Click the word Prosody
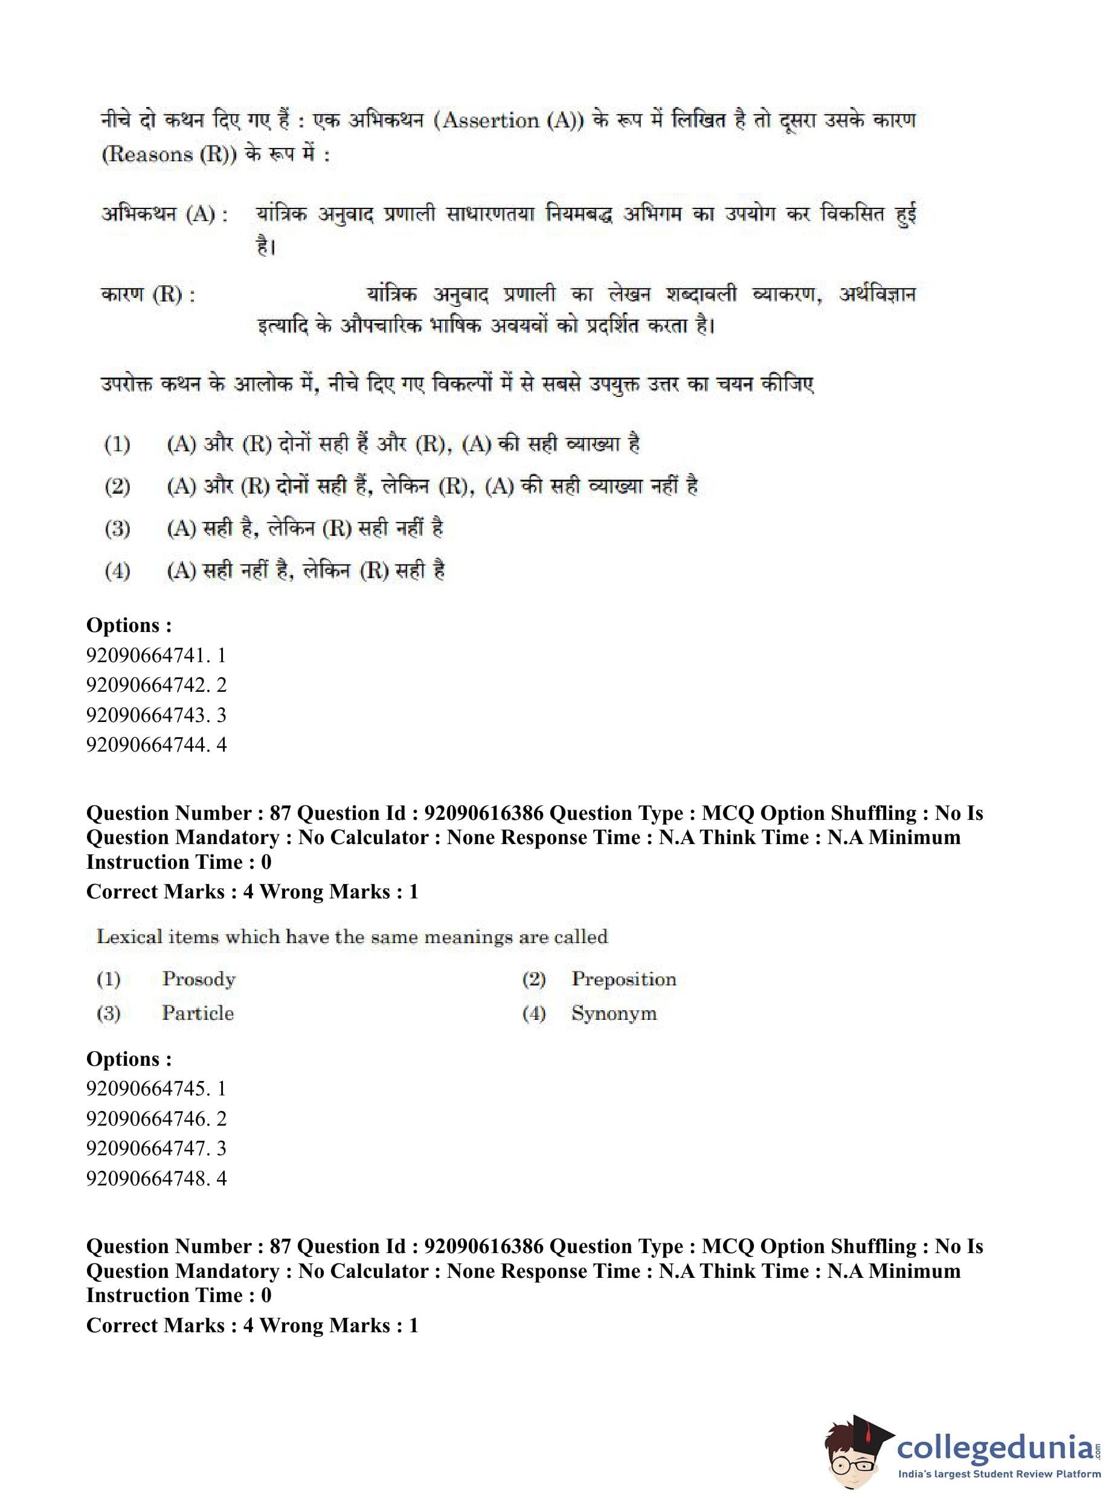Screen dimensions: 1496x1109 tap(199, 979)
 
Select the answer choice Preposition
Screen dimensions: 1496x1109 tap(623, 979)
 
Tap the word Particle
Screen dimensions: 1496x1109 tap(198, 1013)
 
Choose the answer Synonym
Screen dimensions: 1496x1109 tap(614, 1014)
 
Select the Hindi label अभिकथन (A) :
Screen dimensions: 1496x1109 tap(164, 214)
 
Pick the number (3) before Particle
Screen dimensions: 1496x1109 tap(109, 1013)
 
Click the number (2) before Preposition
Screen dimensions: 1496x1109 tap(534, 979)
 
